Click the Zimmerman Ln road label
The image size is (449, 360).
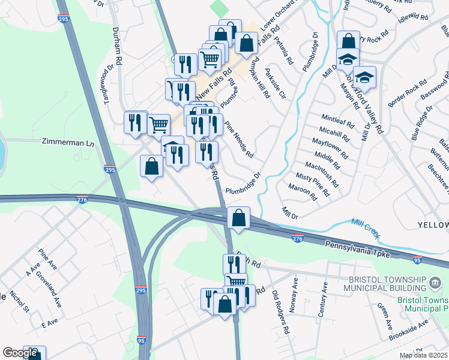point(68,143)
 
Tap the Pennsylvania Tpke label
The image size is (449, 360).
point(358,250)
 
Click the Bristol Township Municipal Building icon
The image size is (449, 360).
point(435,280)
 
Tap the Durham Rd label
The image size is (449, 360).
point(119,46)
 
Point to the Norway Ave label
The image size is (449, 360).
point(294,290)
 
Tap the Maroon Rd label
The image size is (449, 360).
point(306,192)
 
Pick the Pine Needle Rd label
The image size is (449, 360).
point(239,140)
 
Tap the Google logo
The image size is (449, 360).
point(20,353)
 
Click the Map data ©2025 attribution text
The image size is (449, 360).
point(423,355)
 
